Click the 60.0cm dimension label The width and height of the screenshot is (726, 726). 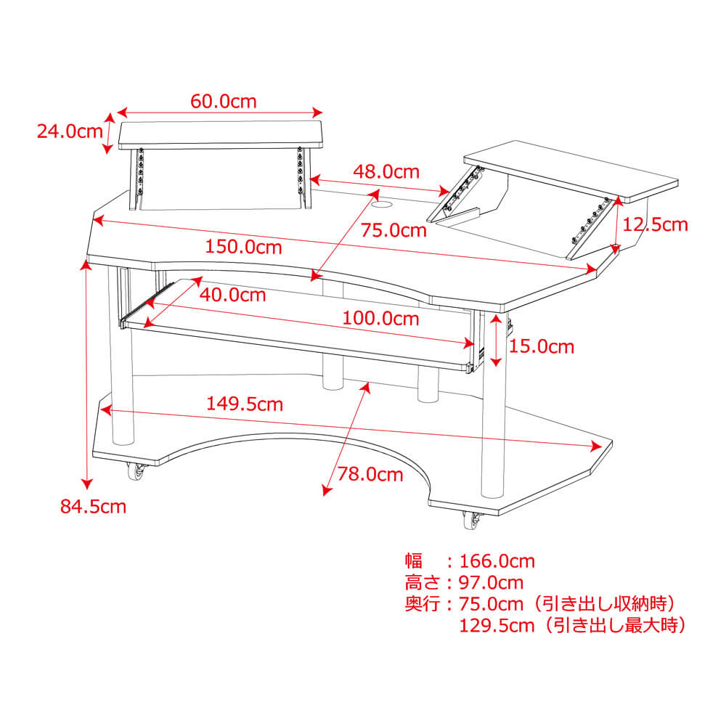click(x=224, y=101)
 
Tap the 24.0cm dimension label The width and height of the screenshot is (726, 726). click(x=70, y=131)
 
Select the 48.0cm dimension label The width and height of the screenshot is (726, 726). click(x=386, y=172)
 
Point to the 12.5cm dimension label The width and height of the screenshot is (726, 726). click(x=655, y=224)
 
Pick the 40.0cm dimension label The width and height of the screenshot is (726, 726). click(x=232, y=295)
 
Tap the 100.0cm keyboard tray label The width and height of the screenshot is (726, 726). click(x=381, y=318)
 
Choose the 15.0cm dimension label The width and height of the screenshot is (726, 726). click(x=541, y=347)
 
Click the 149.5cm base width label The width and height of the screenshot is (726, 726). click(x=245, y=404)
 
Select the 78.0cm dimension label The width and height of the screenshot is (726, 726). click(x=370, y=475)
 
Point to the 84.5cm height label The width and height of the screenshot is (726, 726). click(x=93, y=506)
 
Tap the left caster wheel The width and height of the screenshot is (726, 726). click(x=136, y=473)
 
